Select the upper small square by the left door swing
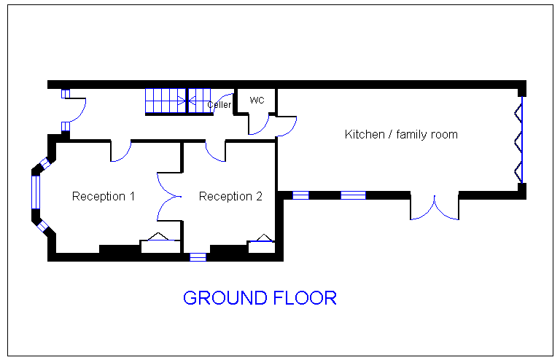(65, 94)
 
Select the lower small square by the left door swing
(65, 126)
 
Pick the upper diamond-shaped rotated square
(46, 163)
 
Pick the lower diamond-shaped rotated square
(42, 227)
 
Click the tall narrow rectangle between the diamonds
(36, 192)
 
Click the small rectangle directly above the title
(198, 257)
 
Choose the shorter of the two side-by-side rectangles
(300, 195)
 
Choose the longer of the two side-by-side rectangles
(353, 195)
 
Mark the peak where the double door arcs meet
(435, 201)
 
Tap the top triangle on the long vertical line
(518, 111)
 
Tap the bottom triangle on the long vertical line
(518, 173)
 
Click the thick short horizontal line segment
(261, 240)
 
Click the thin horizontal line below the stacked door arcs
(161, 240)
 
